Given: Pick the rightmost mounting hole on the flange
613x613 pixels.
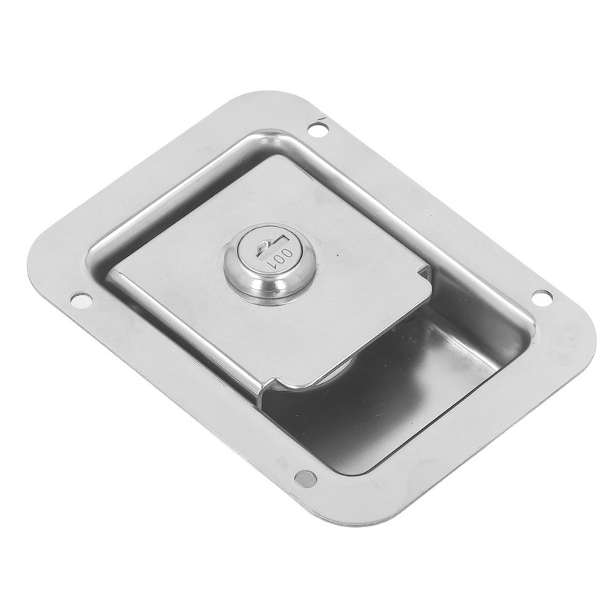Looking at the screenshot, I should coord(540,297).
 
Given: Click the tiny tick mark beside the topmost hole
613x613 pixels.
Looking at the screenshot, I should coord(323,120).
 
